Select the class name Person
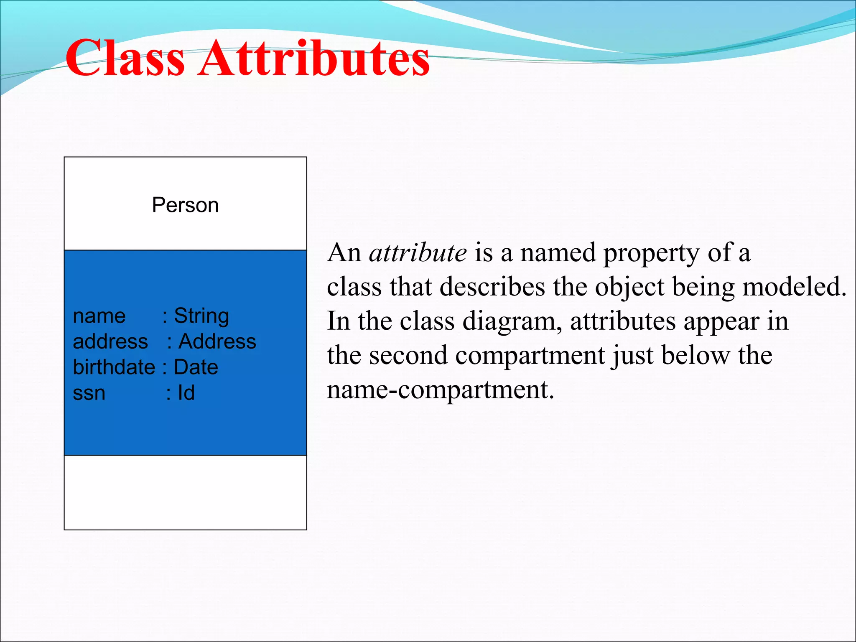click(185, 205)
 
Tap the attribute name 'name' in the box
click(99, 316)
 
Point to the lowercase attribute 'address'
click(110, 342)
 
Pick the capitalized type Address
click(217, 341)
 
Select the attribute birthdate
click(114, 367)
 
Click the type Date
click(196, 367)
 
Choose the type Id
click(186, 393)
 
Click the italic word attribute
click(418, 253)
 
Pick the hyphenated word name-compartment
click(440, 390)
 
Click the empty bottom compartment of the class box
click(185, 492)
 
